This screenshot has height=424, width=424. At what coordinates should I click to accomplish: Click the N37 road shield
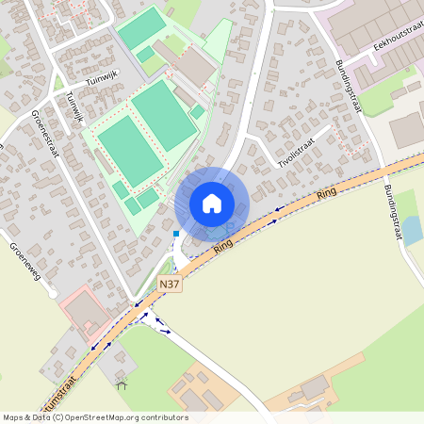tap(170, 284)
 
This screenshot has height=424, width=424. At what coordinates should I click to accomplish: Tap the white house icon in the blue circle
tap(212, 203)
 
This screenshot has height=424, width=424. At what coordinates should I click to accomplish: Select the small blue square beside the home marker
tap(176, 234)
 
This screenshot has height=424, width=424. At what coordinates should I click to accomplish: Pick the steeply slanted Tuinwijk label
tap(74, 110)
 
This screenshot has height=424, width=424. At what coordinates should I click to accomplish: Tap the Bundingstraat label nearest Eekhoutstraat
tap(349, 87)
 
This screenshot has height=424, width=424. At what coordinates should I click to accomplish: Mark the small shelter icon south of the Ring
tap(121, 383)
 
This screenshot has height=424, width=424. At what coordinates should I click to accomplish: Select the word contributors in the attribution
tap(165, 417)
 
